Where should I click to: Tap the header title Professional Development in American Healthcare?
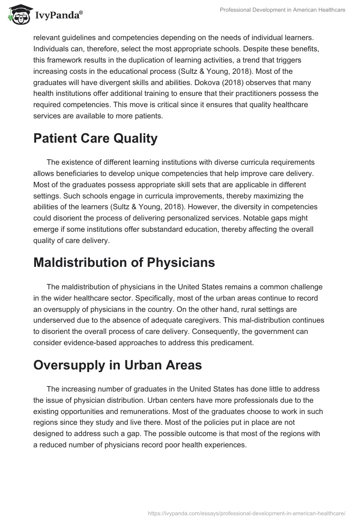point(282,10)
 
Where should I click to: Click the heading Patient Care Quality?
point(95,139)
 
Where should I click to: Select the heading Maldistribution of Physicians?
point(124,263)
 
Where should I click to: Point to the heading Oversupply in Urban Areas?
point(117,365)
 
